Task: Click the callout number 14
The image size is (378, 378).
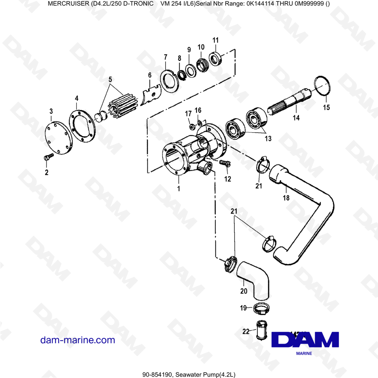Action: tap(296, 118)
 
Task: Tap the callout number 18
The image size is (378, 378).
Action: tap(286, 198)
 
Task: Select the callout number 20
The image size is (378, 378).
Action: tap(244, 291)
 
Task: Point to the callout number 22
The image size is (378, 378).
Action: tap(246, 332)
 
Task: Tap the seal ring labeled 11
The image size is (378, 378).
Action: tap(215, 59)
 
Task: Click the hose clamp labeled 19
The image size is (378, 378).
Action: tap(262, 309)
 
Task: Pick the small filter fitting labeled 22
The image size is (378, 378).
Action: tap(260, 330)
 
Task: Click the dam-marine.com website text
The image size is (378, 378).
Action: tap(77, 340)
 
